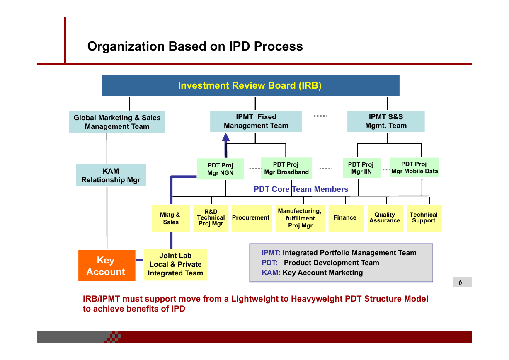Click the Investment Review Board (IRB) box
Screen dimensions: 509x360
[x=251, y=85]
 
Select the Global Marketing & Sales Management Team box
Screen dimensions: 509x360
[x=117, y=122]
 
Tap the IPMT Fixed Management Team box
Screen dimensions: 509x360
[x=256, y=121]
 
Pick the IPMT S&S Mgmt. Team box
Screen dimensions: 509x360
[x=386, y=121]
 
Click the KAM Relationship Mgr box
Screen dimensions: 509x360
[x=111, y=175]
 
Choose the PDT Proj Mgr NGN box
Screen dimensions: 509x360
[x=221, y=169]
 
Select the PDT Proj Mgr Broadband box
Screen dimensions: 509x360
[x=286, y=168]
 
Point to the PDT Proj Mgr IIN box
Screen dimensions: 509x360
[x=361, y=168]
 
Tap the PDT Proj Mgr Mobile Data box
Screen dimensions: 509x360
[x=414, y=167]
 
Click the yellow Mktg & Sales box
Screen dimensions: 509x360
[x=171, y=218]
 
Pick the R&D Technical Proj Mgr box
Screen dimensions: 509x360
[x=211, y=218]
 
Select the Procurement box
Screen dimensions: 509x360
[x=252, y=218]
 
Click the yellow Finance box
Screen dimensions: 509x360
[x=346, y=218]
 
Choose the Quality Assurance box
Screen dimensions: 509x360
[x=385, y=218]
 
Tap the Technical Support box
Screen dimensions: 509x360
[x=424, y=218]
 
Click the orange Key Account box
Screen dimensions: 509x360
[x=107, y=265]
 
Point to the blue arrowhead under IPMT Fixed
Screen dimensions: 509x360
[x=225, y=137]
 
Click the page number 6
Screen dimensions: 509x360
[x=461, y=282]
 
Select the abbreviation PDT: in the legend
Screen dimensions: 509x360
[x=269, y=263]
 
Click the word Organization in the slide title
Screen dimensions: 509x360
[x=126, y=47]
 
